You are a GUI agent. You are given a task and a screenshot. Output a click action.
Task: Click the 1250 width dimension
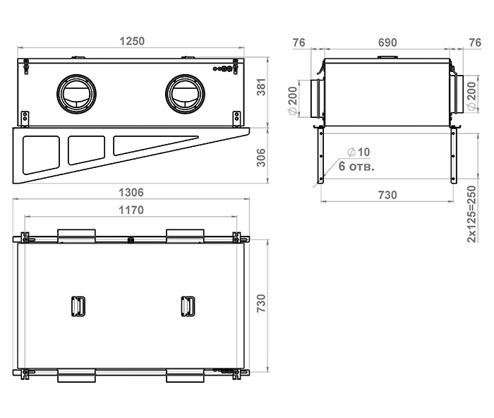pyautogui.click(x=132, y=41)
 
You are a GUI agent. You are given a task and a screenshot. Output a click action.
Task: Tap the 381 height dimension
pyautogui.click(x=261, y=87)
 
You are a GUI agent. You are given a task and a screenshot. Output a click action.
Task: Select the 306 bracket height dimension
pyautogui.click(x=261, y=158)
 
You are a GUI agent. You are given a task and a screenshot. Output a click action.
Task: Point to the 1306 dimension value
pyautogui.click(x=131, y=192)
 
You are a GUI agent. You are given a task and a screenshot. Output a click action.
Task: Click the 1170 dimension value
pyautogui.click(x=131, y=210)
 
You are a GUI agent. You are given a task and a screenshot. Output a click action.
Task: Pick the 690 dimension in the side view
pyautogui.click(x=387, y=42)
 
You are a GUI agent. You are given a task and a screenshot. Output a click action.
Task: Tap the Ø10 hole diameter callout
pyautogui.click(x=359, y=153)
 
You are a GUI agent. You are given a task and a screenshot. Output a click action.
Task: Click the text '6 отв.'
pyautogui.click(x=356, y=166)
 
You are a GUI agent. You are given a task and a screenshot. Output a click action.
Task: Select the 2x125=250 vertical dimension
pyautogui.click(x=471, y=214)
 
